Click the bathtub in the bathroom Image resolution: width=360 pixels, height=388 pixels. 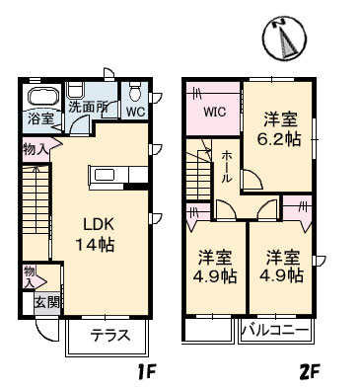[42, 98]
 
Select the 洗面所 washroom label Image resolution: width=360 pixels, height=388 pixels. [88, 106]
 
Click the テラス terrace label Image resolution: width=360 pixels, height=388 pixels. [110, 334]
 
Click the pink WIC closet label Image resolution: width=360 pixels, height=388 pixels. [216, 112]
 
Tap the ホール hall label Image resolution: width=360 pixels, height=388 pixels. [228, 164]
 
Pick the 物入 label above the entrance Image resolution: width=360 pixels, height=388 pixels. [30, 276]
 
